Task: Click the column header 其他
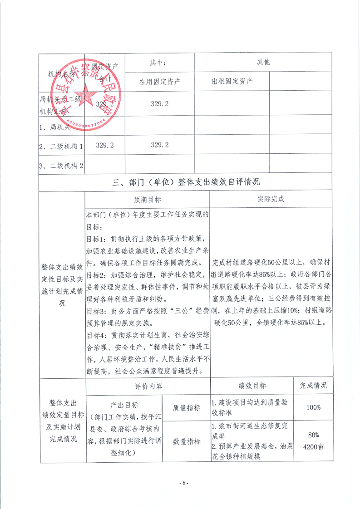(x=263, y=62)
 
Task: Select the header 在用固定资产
(x=160, y=82)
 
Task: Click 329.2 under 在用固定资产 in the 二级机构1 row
(x=160, y=145)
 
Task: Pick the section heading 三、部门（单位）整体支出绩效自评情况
(x=186, y=182)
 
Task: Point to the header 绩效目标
(x=252, y=386)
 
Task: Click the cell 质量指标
(x=186, y=407)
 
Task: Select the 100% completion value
(x=313, y=407)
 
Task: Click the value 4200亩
(x=314, y=446)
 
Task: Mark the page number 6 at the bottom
(x=183, y=482)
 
